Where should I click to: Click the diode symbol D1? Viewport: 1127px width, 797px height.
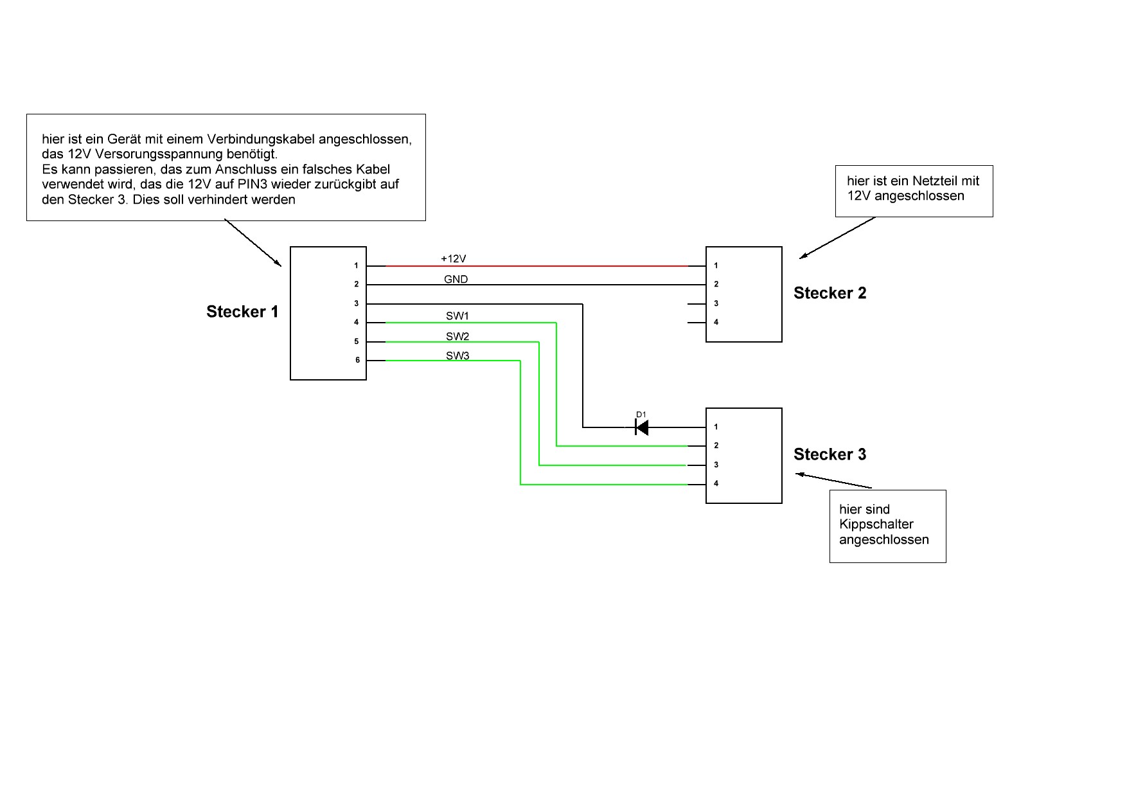point(641,427)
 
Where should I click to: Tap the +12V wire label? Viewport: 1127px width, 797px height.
point(453,258)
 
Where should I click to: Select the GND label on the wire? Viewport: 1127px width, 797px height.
point(456,279)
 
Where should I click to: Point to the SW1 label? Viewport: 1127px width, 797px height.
point(457,316)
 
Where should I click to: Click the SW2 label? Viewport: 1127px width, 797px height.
point(457,336)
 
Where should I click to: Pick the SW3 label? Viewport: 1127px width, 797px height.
point(457,355)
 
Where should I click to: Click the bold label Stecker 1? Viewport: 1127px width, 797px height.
point(242,312)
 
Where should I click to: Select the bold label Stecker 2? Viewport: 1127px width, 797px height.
point(830,293)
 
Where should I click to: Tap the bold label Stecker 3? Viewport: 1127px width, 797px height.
point(830,454)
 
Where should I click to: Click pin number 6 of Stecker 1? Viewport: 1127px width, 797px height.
point(357,360)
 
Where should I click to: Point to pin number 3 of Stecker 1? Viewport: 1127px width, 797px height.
point(357,303)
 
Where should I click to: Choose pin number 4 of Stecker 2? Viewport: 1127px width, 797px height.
point(716,322)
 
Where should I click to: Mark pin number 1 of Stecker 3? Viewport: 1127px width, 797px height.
point(716,427)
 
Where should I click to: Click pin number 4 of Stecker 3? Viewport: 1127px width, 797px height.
point(716,483)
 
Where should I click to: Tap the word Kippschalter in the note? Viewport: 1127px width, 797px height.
point(876,524)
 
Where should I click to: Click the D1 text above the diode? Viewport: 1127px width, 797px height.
point(641,415)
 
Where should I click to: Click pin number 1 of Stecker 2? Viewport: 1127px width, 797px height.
point(716,265)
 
